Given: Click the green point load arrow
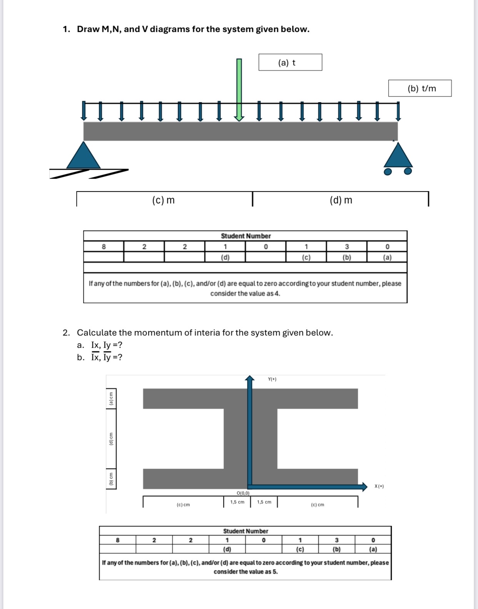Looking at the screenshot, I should (x=239, y=89).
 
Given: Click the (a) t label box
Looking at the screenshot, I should (x=290, y=62).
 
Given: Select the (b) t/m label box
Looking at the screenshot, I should (x=420, y=89).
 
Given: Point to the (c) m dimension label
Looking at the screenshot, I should (x=164, y=200).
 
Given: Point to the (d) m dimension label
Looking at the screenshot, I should (x=341, y=200).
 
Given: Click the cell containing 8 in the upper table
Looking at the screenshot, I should (x=104, y=247).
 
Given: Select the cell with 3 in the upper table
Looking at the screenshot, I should (x=346, y=247).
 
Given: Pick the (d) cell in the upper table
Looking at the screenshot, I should (x=225, y=257).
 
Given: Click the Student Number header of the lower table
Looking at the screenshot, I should (x=246, y=531).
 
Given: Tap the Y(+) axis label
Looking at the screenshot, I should (x=272, y=379).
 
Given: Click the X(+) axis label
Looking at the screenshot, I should (x=379, y=486).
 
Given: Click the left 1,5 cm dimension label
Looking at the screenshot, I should (x=237, y=502).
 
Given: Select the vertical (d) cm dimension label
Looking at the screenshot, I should (x=111, y=439).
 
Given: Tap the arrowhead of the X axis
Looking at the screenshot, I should (x=364, y=487).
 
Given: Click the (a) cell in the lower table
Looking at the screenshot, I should (x=373, y=549).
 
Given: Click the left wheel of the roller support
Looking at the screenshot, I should (x=388, y=171).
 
